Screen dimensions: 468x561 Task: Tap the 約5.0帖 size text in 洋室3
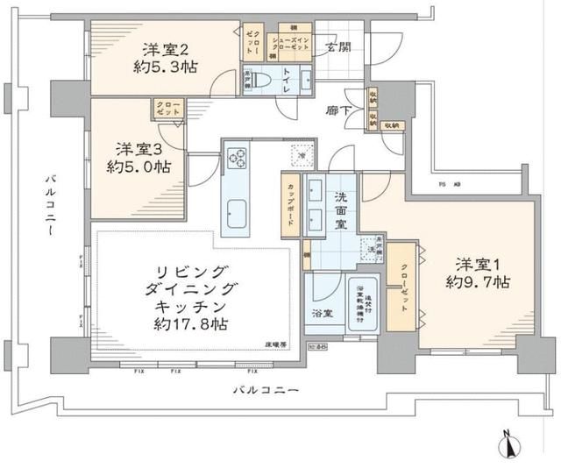138,167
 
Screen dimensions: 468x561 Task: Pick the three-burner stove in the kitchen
237,159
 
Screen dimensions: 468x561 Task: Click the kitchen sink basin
238,213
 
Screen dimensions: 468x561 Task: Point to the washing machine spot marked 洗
373,251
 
